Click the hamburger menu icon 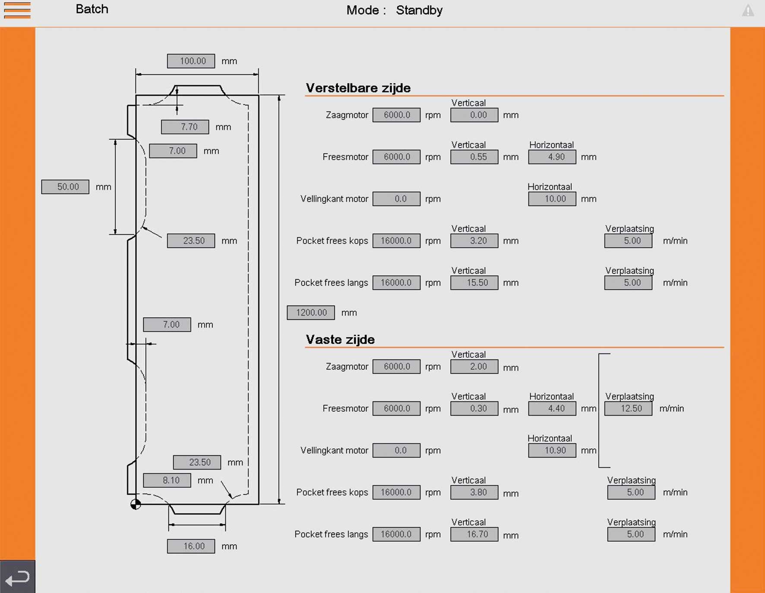(17, 10)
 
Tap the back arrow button (17, 577)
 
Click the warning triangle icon (748, 11)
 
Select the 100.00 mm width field (191, 61)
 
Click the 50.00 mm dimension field (65, 187)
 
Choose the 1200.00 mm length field (311, 312)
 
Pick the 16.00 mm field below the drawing (191, 546)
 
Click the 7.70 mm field (185, 127)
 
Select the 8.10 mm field (167, 480)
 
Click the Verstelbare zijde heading (358, 88)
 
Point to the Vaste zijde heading (340, 340)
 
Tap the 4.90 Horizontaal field (552, 157)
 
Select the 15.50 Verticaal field (474, 283)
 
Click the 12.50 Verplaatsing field (628, 409)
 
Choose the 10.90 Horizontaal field (552, 451)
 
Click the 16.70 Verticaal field (474, 534)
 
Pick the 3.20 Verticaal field (474, 241)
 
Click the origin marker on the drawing (136, 504)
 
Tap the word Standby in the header (419, 10)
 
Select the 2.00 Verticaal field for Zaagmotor (474, 367)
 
